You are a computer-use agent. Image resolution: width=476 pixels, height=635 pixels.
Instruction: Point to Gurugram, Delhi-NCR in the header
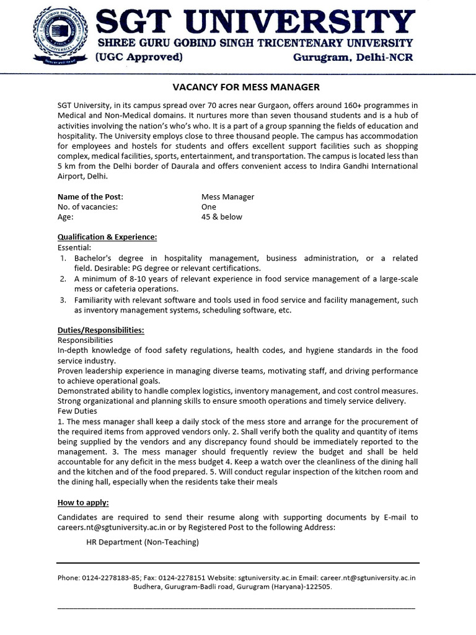click(x=352, y=58)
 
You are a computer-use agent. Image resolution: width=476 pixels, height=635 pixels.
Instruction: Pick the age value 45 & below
click(x=218, y=216)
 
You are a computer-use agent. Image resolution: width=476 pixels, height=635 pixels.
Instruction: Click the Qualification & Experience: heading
click(x=107, y=237)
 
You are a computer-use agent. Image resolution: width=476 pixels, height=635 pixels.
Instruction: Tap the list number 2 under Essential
click(x=63, y=279)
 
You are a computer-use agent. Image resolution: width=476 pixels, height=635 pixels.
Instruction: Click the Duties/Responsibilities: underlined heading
click(x=100, y=330)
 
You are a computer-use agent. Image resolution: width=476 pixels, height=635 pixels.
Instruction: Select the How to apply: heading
click(x=83, y=502)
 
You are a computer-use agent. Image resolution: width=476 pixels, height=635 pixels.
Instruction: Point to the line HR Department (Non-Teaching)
click(x=143, y=542)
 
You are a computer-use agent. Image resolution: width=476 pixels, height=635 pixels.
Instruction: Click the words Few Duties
click(x=77, y=411)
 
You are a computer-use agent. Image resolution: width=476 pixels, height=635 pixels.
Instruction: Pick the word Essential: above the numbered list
click(x=74, y=247)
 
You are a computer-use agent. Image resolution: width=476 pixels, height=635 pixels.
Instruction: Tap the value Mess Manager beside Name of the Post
click(x=224, y=197)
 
